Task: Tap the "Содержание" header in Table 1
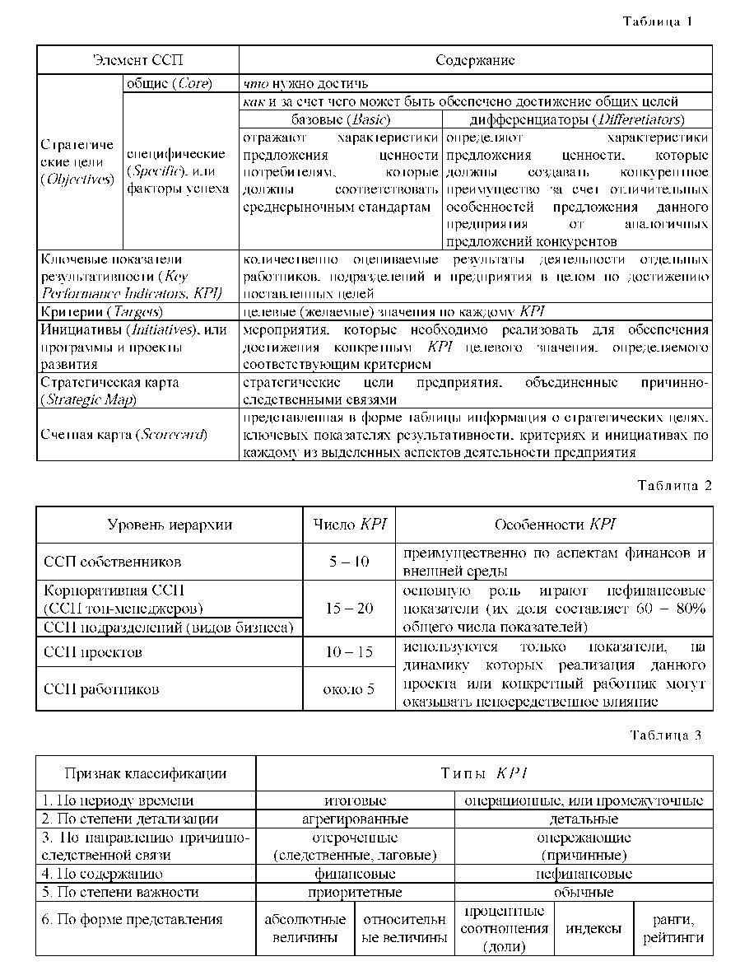(475, 60)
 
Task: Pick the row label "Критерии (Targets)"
(102, 312)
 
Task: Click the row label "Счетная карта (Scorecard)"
(124, 434)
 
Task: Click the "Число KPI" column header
(349, 525)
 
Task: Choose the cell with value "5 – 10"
(349, 562)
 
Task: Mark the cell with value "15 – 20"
(349, 609)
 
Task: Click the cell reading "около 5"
(349, 688)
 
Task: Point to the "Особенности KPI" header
(554, 525)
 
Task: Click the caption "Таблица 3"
(666, 735)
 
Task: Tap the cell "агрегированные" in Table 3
(355, 819)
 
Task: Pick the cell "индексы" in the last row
(593, 929)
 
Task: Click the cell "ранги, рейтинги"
(673, 929)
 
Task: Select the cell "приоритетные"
(355, 892)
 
